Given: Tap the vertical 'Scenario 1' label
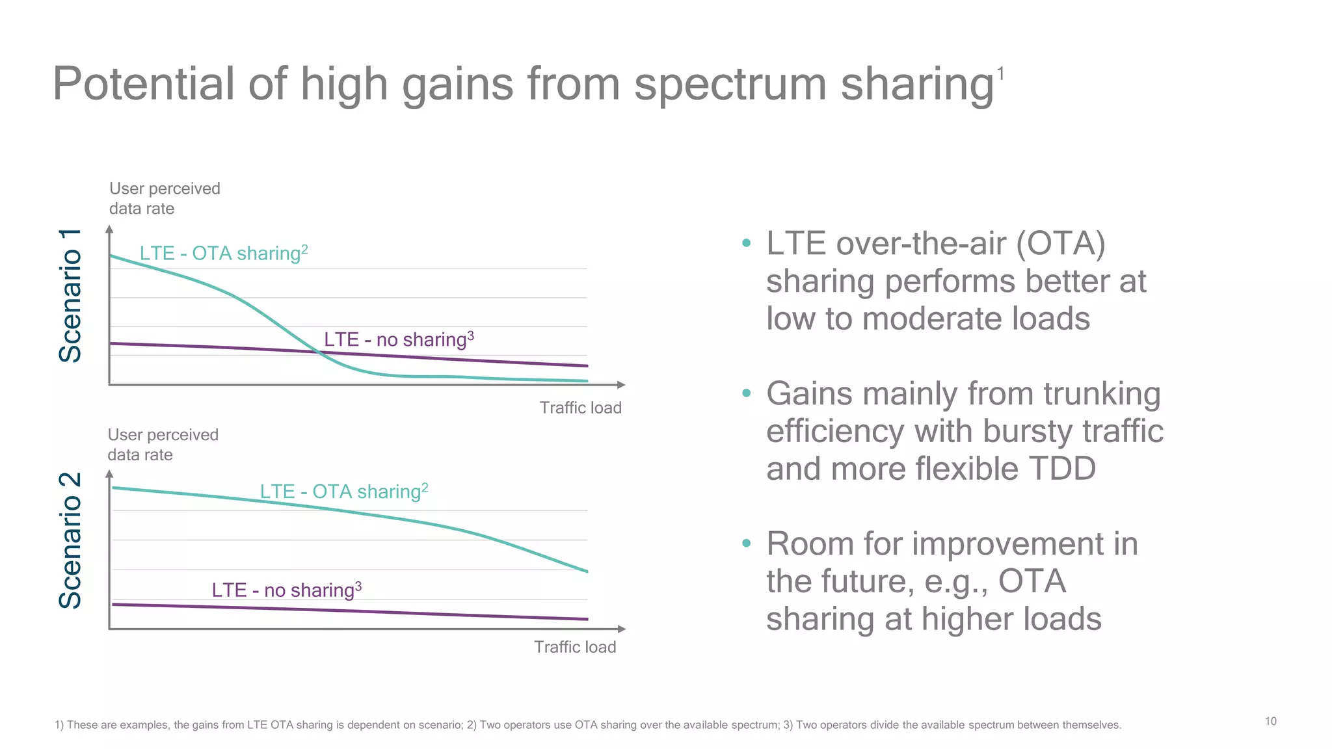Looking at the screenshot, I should tap(70, 296).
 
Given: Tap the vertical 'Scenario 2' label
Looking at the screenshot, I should tap(70, 541).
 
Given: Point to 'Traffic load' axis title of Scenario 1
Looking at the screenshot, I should tap(580, 408).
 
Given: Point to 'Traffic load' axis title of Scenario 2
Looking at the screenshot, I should tap(575, 647).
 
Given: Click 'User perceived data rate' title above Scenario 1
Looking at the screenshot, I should tap(164, 198).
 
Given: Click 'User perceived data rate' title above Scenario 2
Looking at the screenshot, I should tap(163, 445).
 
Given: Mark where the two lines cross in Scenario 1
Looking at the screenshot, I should tap(318, 352).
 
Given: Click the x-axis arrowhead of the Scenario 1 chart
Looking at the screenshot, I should tap(621, 385).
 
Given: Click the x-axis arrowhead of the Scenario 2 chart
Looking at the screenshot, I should tap(621, 629).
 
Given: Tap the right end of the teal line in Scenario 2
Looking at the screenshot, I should tap(587, 572).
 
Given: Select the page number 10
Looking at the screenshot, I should tap(1270, 721).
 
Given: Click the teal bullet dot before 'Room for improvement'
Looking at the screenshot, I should tap(746, 543).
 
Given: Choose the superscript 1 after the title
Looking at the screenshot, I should tap(1001, 74).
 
